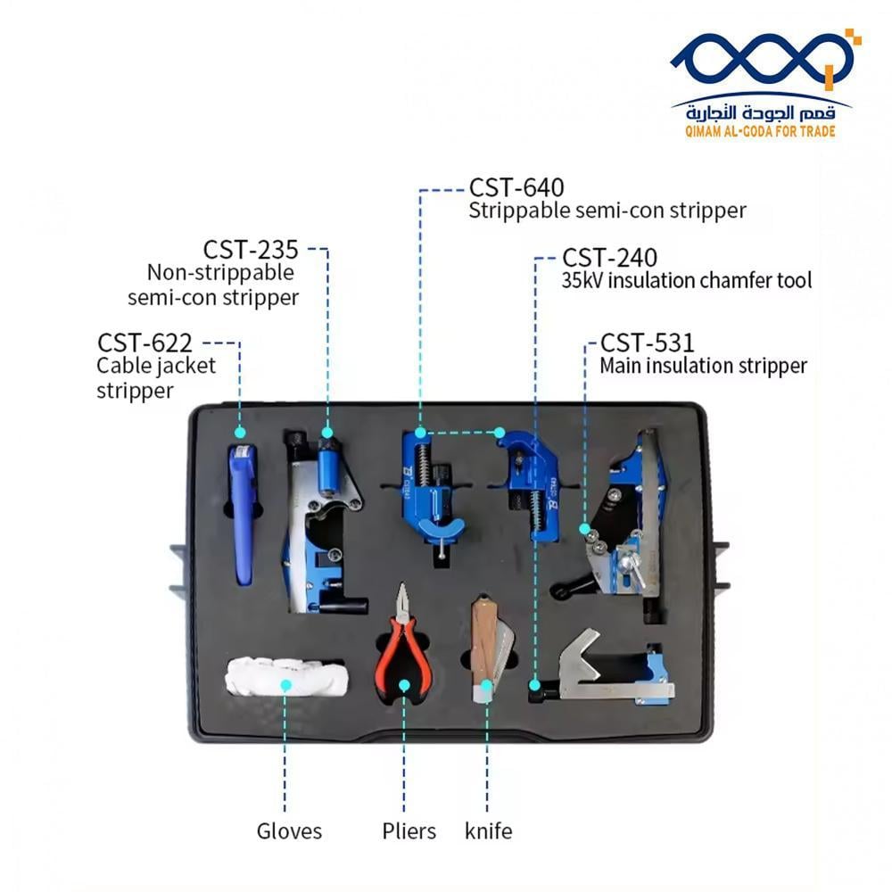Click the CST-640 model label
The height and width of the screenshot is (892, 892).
point(516,188)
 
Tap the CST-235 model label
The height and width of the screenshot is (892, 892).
point(251,249)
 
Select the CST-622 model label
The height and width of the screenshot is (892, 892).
point(145,343)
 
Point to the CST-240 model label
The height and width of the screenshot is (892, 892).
point(609,258)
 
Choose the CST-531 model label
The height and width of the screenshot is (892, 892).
point(647,343)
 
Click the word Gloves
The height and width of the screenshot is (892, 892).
point(289,831)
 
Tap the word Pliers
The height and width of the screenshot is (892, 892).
point(409,831)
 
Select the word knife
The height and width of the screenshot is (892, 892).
point(489,831)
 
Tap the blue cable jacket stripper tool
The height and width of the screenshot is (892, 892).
point(242,513)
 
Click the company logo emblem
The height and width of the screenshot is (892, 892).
point(765,61)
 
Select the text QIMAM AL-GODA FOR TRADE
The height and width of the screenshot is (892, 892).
point(760,131)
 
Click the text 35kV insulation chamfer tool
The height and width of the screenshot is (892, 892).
point(687,281)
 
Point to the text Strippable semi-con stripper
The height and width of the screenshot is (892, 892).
point(607,211)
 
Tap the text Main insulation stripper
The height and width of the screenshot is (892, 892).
point(703,366)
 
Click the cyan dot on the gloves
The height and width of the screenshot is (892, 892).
point(286,685)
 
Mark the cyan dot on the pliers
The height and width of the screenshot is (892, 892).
point(404,686)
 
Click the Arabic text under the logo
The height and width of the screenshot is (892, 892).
point(761,111)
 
